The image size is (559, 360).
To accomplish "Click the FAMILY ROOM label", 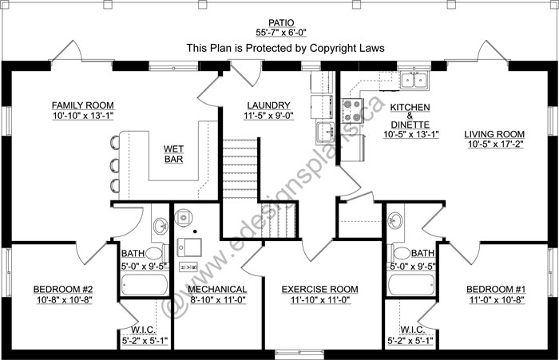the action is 83,105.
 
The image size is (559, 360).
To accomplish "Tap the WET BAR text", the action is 173,153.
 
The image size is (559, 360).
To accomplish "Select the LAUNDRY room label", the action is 269,105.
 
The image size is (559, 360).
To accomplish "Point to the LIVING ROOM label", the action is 494,134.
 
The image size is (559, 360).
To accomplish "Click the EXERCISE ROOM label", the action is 319,290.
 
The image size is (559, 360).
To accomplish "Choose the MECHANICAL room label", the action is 217,290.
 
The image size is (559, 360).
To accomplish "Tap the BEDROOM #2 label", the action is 63,289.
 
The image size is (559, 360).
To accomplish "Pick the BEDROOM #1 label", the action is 496,289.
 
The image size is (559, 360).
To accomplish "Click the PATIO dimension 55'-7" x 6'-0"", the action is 281,33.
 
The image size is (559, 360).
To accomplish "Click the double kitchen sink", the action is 414,80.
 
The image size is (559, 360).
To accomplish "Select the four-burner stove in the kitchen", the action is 352,110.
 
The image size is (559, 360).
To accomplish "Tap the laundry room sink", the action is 325,133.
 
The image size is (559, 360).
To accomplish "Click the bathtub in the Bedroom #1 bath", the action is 412,284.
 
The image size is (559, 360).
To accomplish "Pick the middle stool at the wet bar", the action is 115,165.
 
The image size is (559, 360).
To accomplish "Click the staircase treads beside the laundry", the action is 240,168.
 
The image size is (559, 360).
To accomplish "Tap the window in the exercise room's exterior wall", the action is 299,354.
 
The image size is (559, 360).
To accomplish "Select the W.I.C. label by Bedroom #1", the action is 412,330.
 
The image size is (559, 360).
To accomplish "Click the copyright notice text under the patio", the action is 286,48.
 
